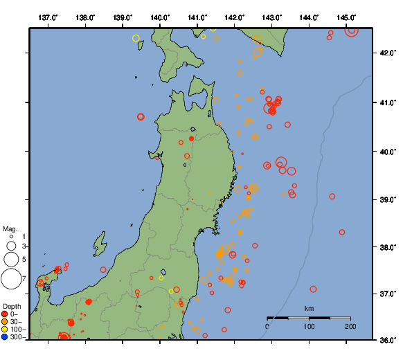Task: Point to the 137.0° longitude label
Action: [x=48, y=16]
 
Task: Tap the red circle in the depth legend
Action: [x=5, y=314]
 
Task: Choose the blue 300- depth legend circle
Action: [x=5, y=337]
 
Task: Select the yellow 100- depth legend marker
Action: [x=5, y=330]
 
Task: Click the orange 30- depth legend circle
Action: [x=5, y=322]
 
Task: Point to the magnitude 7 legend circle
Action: [x=11, y=279]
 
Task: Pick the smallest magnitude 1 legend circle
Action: [x=11, y=237]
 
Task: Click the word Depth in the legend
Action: [x=11, y=306]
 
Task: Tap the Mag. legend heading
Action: [x=10, y=228]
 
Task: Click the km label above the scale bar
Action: [x=309, y=309]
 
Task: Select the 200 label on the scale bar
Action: [x=350, y=326]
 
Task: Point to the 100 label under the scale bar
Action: [x=309, y=326]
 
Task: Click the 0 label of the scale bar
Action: [x=267, y=326]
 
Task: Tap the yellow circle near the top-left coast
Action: [x=136, y=38]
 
